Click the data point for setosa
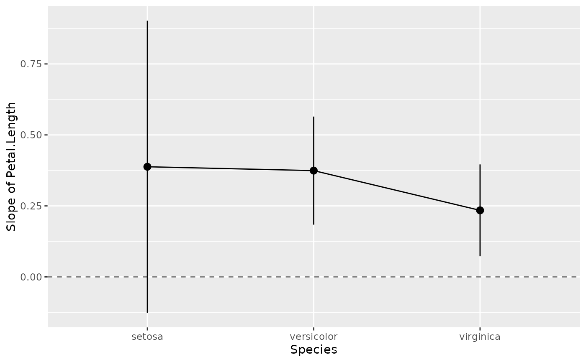(147, 167)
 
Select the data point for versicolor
(314, 171)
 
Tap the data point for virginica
(480, 210)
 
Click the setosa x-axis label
(147, 337)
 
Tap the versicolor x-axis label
(314, 337)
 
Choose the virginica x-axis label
(480, 337)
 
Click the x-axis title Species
(314, 350)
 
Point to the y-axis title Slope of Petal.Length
(12, 166)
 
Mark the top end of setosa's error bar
(147, 21)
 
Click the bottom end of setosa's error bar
(147, 312)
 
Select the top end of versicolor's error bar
(314, 117)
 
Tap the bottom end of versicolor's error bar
(314, 224)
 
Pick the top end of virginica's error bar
(480, 165)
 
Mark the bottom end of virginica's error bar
(480, 256)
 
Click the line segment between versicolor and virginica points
(397, 190)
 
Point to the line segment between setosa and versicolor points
(230, 169)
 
